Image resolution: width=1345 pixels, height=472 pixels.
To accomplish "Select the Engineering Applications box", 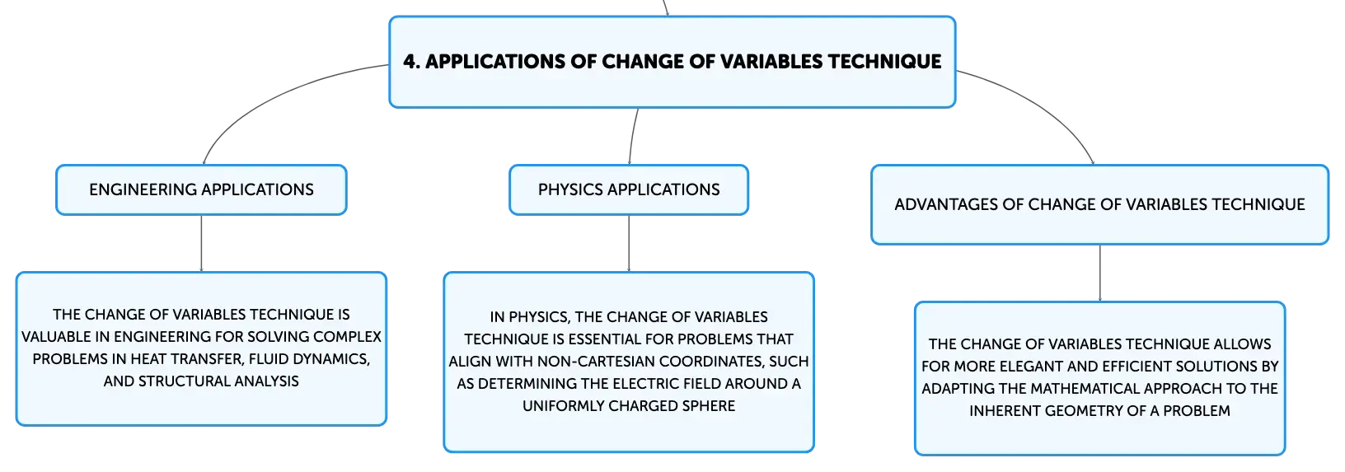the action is [201, 189].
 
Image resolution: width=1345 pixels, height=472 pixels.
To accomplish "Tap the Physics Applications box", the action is [629, 189].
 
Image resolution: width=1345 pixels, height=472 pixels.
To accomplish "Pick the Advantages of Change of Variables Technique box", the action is [1099, 205].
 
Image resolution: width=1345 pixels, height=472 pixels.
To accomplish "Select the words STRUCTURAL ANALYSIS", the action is [218, 381].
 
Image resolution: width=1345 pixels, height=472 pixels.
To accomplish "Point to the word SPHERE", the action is [710, 406].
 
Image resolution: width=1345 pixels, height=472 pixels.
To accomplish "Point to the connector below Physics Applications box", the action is [629, 243].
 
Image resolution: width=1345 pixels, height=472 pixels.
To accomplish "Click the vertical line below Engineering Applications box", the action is [201, 243].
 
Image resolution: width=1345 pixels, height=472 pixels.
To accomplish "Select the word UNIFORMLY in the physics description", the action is [563, 406].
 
